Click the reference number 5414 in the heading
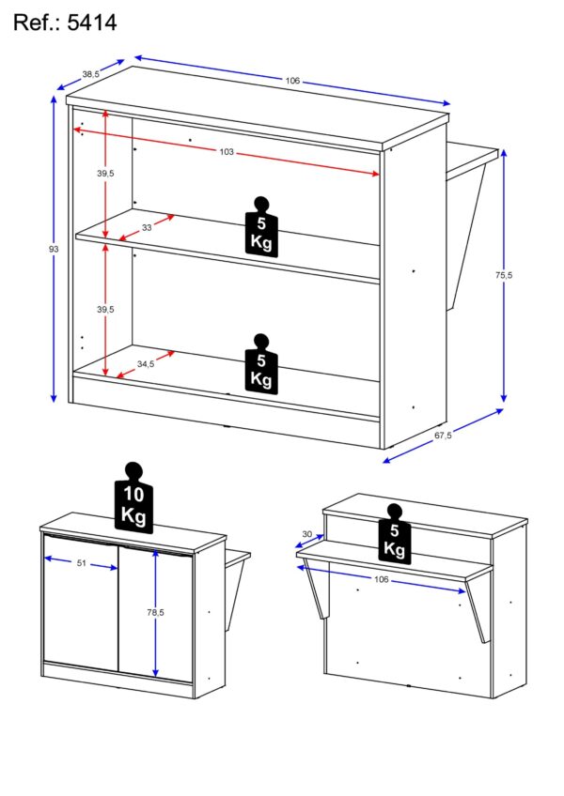pyautogui.click(x=92, y=23)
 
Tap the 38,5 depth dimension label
pyautogui.click(x=90, y=74)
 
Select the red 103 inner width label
pyautogui.click(x=227, y=152)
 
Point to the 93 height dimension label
pyautogui.click(x=54, y=250)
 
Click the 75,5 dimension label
pyautogui.click(x=504, y=275)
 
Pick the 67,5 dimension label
pyautogui.click(x=443, y=436)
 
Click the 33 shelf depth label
pyautogui.click(x=147, y=228)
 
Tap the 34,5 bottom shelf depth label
pyautogui.click(x=146, y=364)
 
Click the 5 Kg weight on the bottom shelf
pyautogui.click(x=261, y=363)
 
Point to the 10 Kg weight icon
pyautogui.click(x=133, y=498)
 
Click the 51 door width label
pyautogui.click(x=82, y=563)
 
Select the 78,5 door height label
pyautogui.click(x=155, y=613)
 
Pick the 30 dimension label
pyautogui.click(x=306, y=534)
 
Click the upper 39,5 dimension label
pyautogui.click(x=105, y=174)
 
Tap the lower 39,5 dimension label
pyautogui.click(x=105, y=309)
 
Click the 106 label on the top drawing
pyautogui.click(x=292, y=80)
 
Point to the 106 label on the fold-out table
pyautogui.click(x=381, y=579)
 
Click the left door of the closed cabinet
pyautogui.click(x=82, y=603)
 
